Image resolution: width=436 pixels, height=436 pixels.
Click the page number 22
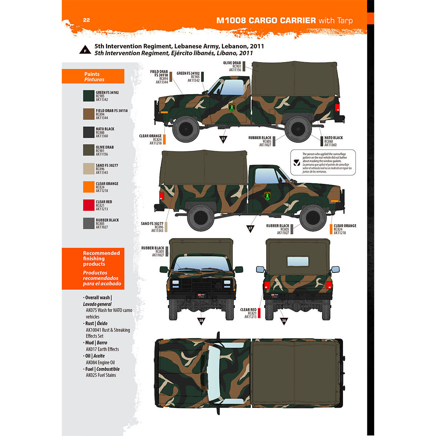tap(86, 20)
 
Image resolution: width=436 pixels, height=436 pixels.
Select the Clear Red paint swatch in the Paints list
tap(89, 205)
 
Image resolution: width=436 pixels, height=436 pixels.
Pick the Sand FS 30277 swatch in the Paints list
tap(89, 169)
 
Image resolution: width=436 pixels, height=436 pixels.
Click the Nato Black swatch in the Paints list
tap(89, 132)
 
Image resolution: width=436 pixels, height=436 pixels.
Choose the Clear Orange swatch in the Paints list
tap(89, 187)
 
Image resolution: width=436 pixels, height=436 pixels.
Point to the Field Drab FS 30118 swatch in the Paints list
tap(89, 114)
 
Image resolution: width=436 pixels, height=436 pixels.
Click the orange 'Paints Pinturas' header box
tap(93, 76)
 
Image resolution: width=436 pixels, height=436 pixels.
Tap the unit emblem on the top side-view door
tap(232, 107)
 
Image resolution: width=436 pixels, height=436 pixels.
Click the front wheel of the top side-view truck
tap(186, 129)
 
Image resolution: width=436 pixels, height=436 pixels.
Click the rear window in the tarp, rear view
tap(298, 261)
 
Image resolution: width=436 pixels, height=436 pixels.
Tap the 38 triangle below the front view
tap(201, 321)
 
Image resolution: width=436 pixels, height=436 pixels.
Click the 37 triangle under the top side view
tap(223, 139)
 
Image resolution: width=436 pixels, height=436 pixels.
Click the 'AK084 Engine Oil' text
tap(100, 362)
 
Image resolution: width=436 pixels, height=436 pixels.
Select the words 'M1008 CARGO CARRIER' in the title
tap(266, 20)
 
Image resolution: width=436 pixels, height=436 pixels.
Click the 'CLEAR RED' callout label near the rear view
tap(248, 310)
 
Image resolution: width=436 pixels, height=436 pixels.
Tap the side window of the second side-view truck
tap(267, 176)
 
